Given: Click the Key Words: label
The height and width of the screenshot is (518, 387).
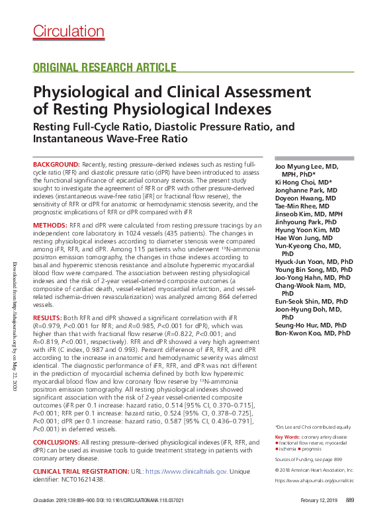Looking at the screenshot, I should pos(287,437).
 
